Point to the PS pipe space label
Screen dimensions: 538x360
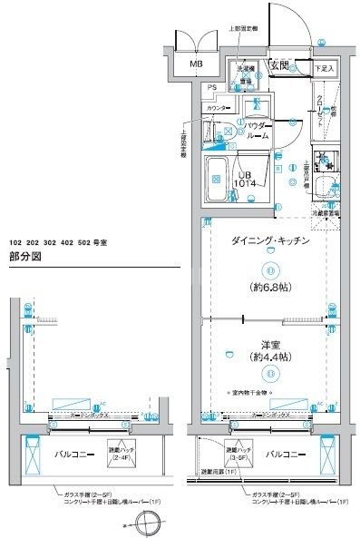click(x=211, y=87)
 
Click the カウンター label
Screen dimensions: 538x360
click(x=218, y=108)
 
